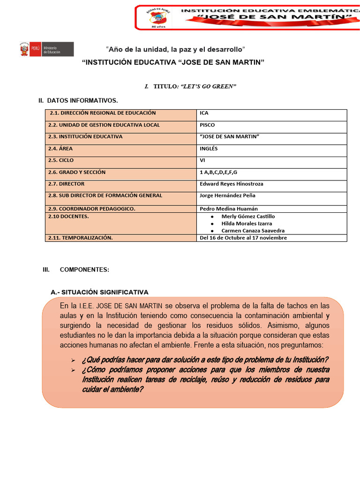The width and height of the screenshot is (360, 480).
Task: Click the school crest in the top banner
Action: coord(157,18)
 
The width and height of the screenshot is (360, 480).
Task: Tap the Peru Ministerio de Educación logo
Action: coord(46,49)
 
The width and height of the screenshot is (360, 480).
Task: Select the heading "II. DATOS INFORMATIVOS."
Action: coord(78,101)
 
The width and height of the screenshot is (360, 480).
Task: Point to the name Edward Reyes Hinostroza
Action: coord(232,184)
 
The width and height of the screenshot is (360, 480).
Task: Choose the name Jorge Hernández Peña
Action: coord(227,195)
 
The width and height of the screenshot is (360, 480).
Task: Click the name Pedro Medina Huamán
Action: coord(229,209)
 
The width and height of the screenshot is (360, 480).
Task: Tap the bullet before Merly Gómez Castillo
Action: coord(212,217)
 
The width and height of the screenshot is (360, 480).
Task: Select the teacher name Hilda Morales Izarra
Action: coord(247,224)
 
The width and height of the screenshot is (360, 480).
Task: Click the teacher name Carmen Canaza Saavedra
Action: coord(253,231)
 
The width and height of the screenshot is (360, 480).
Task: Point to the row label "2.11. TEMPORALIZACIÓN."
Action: coord(81,238)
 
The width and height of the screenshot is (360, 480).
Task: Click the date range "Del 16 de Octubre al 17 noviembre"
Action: coord(243,238)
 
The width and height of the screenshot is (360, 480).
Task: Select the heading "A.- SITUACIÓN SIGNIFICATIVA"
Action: coord(99,292)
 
